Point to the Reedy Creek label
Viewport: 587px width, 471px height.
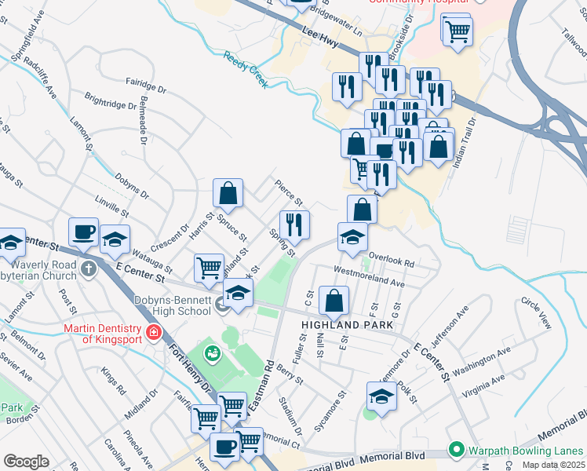pyautogui.click(x=246, y=68)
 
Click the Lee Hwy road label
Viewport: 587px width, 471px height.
pyautogui.click(x=319, y=39)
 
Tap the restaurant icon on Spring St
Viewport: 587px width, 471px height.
pyautogui.click(x=294, y=225)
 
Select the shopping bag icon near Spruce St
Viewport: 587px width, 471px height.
pyautogui.click(x=228, y=192)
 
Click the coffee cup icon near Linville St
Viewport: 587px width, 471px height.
pyautogui.click(x=83, y=232)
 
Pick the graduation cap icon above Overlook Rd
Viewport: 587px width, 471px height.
pyautogui.click(x=352, y=236)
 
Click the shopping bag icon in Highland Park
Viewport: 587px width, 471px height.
pyautogui.click(x=334, y=300)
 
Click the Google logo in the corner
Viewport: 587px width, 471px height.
pyautogui.click(x=26, y=462)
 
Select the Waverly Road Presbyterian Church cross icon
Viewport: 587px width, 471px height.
pyautogui.click(x=89, y=269)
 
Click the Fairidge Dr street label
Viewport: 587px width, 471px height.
pyautogui.click(x=146, y=86)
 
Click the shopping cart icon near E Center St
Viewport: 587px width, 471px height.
pyautogui.click(x=209, y=267)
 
